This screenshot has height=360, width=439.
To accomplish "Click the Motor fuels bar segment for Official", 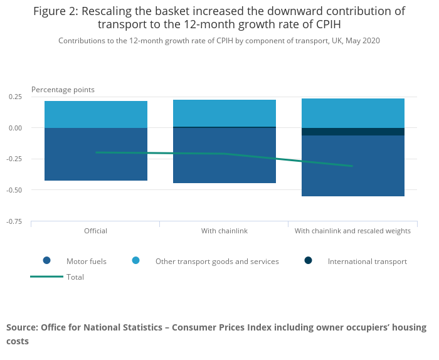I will [x=96, y=166].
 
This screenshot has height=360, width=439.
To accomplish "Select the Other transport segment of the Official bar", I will [x=96, y=114].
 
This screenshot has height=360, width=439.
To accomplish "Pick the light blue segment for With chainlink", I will [x=225, y=113].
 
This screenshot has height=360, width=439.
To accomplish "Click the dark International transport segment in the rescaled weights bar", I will [x=353, y=132].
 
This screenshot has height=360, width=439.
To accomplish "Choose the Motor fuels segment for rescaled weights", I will [x=353, y=182].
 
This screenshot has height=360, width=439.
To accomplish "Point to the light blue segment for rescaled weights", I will [x=353, y=113].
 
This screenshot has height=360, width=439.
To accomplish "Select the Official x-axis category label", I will [x=96, y=231].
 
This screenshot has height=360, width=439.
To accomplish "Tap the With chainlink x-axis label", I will [x=225, y=231].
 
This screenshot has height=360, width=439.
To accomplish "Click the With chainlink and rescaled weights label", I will [x=353, y=231].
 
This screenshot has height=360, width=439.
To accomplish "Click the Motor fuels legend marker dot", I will [x=46, y=261].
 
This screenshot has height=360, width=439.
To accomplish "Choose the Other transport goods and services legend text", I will [x=217, y=262].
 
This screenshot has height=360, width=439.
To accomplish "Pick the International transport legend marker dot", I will [x=308, y=261].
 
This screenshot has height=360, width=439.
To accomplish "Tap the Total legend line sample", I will [x=46, y=277].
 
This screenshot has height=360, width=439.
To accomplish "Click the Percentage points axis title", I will [x=63, y=90].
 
